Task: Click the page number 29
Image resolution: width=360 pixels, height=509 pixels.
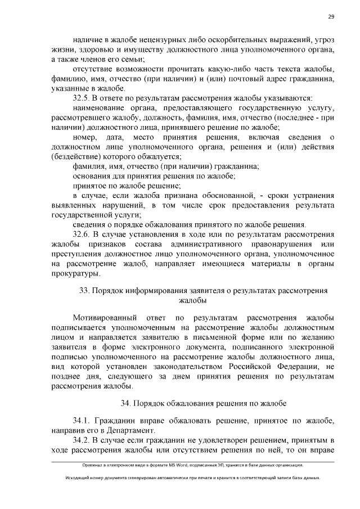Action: click(x=331, y=16)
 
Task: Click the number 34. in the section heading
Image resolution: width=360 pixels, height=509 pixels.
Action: click(x=127, y=403)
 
